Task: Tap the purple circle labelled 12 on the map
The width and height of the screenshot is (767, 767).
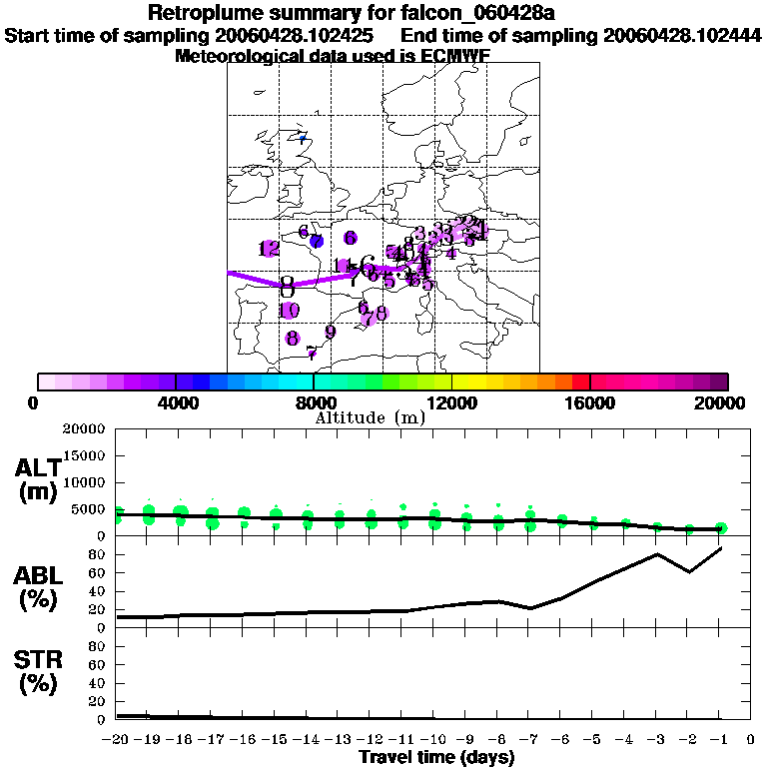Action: point(269,249)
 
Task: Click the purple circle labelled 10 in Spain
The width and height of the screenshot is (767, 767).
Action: point(290,311)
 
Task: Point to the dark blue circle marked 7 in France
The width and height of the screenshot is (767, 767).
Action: point(317,241)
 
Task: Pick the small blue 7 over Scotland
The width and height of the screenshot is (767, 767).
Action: point(302,139)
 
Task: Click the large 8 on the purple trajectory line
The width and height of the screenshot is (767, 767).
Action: point(288,286)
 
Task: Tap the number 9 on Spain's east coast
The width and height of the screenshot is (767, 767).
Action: point(330,332)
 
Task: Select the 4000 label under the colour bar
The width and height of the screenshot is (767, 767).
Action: point(176,402)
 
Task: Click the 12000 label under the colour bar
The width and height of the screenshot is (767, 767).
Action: point(452,402)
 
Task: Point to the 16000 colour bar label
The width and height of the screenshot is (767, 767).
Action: point(590,402)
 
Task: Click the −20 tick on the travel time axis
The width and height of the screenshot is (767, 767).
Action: point(117,740)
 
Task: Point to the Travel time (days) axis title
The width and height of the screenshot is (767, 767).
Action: point(436,758)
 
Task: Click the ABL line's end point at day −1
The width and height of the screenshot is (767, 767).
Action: point(721,547)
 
